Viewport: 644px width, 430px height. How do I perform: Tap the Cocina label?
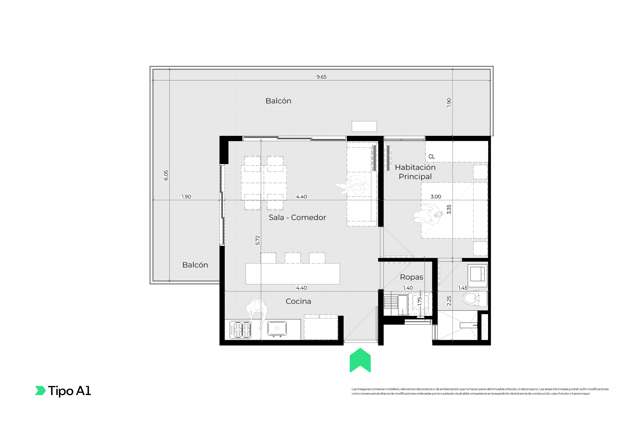point(298,301)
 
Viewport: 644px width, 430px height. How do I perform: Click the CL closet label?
point(432,157)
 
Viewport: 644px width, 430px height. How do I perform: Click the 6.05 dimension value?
point(166,175)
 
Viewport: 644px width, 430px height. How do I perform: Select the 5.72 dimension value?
point(257,240)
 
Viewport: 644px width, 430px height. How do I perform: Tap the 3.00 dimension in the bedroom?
point(436,197)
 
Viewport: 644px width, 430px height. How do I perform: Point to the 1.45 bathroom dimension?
point(463,288)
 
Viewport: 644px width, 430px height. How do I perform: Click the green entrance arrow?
point(360,360)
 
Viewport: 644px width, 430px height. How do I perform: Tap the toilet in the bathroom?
point(475,298)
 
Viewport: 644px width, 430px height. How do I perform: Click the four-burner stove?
point(240,330)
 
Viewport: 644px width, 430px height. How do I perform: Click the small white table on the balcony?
point(364,126)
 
